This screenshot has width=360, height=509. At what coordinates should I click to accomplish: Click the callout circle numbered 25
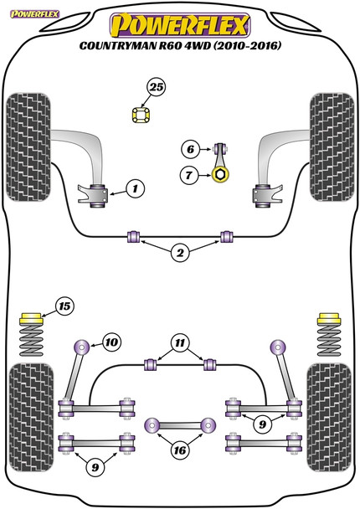(157, 87)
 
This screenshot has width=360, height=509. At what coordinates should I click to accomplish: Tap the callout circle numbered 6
(190, 149)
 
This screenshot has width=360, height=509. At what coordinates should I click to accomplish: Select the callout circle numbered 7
(188, 176)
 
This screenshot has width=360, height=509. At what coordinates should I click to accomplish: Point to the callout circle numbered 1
(135, 188)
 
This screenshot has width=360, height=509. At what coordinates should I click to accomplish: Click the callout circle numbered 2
(180, 253)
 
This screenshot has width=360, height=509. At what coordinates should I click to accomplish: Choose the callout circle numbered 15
(64, 306)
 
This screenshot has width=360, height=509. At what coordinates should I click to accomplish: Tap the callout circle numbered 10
(111, 342)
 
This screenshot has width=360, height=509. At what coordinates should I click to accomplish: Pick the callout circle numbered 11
(180, 342)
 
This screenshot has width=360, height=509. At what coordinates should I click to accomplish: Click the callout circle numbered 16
(180, 450)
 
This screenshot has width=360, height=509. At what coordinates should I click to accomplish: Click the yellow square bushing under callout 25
(141, 115)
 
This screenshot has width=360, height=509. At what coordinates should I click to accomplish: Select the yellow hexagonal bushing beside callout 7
(220, 175)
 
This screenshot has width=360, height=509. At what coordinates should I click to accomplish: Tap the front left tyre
(28, 147)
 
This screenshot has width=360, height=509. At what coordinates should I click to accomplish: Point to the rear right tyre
(329, 417)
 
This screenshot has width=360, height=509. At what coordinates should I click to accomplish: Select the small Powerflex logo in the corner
(34, 14)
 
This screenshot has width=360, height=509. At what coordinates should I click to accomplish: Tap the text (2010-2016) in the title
(247, 46)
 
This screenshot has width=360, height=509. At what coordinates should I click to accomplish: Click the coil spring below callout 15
(31, 340)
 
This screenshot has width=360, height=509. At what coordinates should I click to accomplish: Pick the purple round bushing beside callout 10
(81, 347)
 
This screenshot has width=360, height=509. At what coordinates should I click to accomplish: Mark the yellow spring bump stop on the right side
(330, 319)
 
